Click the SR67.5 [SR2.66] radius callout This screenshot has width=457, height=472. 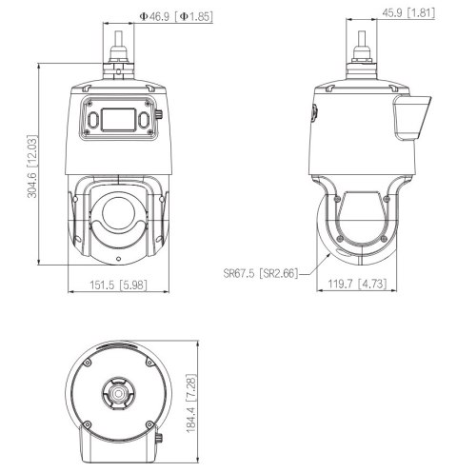(x=259, y=273)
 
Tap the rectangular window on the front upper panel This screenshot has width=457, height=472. (x=119, y=120)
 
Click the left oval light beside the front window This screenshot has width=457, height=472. (x=93, y=120)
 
